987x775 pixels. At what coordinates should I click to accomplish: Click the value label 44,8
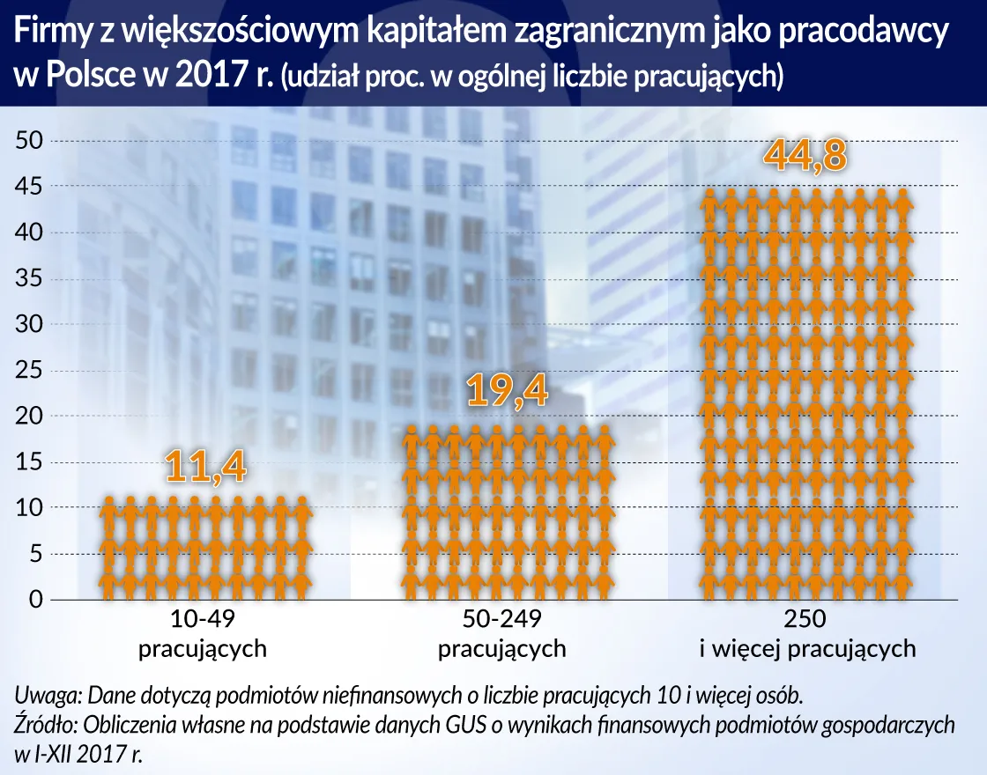click(805, 155)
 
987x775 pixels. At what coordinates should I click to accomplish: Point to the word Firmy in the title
click(48, 33)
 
